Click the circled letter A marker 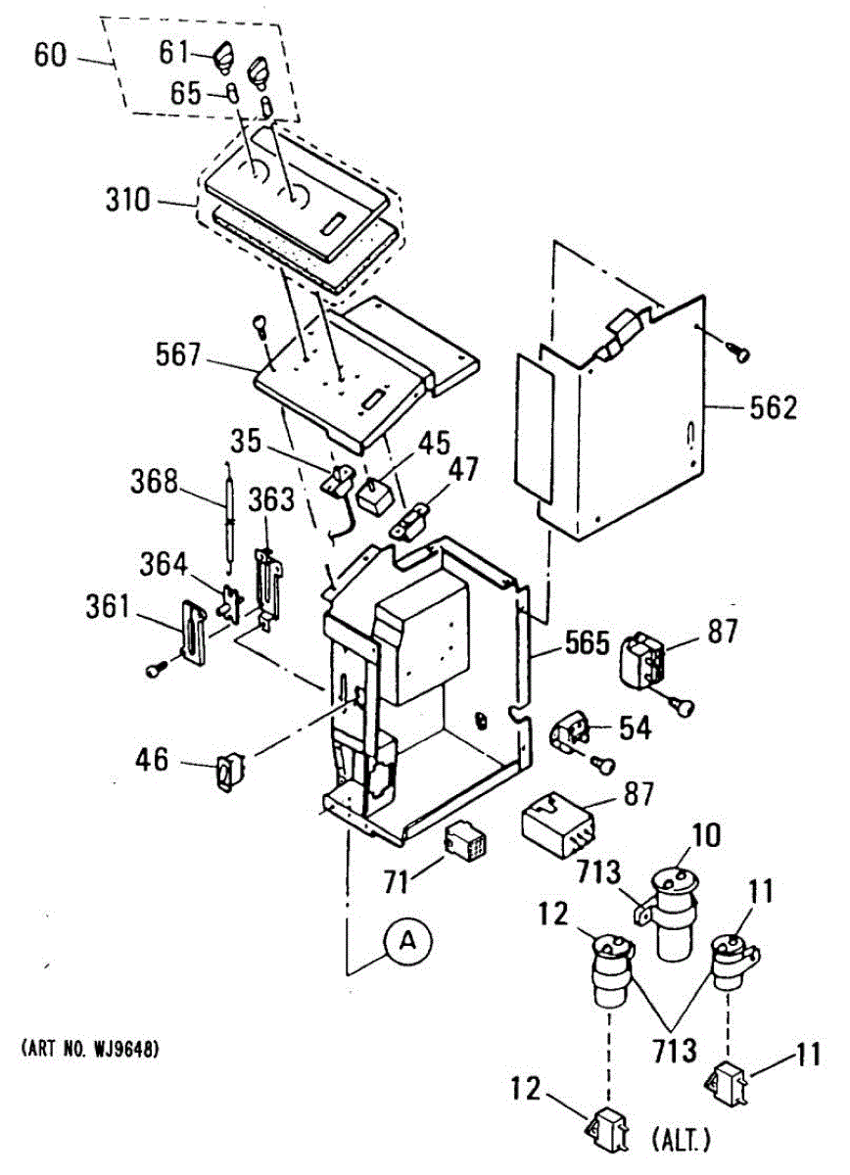[411, 942]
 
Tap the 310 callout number [129, 202]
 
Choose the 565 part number [586, 647]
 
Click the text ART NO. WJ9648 [89, 1050]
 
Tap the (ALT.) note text [680, 1140]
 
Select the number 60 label [50, 55]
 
